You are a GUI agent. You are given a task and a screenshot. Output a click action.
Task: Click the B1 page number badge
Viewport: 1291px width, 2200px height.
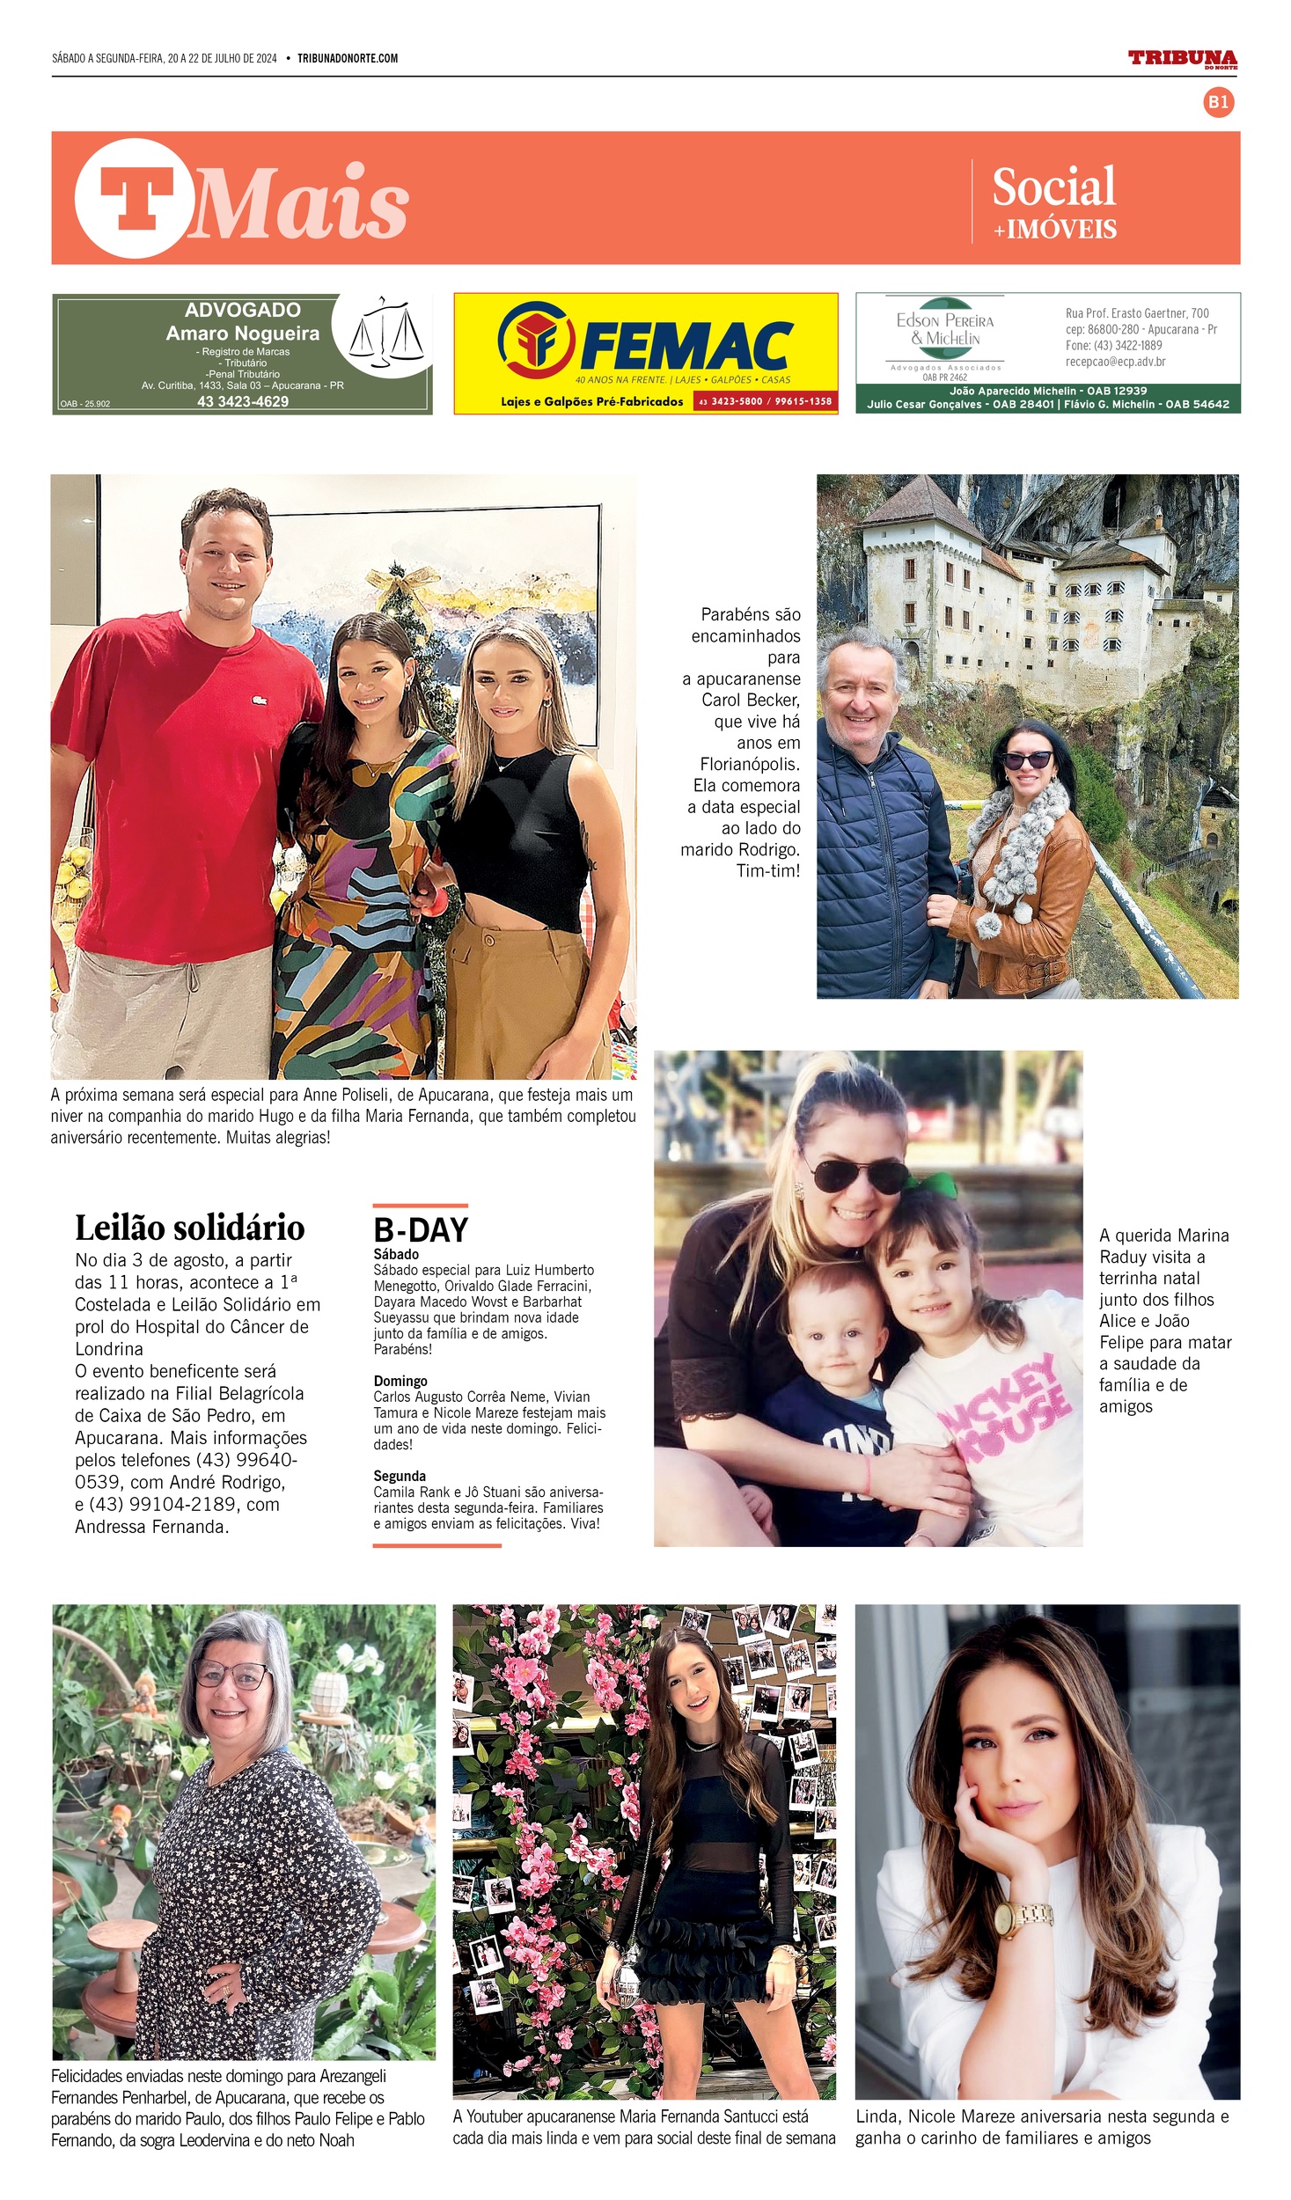pyautogui.click(x=1218, y=102)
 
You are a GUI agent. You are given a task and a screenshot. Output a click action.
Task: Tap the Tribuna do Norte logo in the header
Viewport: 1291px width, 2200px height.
pyautogui.click(x=1182, y=59)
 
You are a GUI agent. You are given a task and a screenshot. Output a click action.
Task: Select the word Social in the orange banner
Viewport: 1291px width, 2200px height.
pyautogui.click(x=1053, y=187)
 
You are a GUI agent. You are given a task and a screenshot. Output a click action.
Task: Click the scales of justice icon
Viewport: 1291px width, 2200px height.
pyautogui.click(x=386, y=333)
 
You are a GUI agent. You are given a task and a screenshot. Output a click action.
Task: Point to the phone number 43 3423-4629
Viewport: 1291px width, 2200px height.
pyautogui.click(x=243, y=402)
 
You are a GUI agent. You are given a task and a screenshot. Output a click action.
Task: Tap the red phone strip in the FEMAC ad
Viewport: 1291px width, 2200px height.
pyautogui.click(x=764, y=402)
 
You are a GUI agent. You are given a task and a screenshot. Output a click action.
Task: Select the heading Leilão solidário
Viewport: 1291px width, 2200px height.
pyautogui.click(x=189, y=1228)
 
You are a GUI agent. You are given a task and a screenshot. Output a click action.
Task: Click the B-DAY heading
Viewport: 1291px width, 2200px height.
pyautogui.click(x=421, y=1230)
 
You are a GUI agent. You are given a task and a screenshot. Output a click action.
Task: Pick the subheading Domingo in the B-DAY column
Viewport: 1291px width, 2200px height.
pyautogui.click(x=400, y=1381)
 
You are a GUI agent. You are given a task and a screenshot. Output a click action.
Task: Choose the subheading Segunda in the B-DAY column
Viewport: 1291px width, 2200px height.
pyautogui.click(x=400, y=1476)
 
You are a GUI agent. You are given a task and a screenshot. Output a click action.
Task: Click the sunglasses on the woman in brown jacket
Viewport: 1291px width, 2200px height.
pyautogui.click(x=1027, y=760)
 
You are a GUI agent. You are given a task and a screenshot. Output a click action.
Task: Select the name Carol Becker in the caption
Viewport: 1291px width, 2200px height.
pyautogui.click(x=751, y=700)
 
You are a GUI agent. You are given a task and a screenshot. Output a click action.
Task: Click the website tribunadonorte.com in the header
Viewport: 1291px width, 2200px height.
pyautogui.click(x=348, y=59)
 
